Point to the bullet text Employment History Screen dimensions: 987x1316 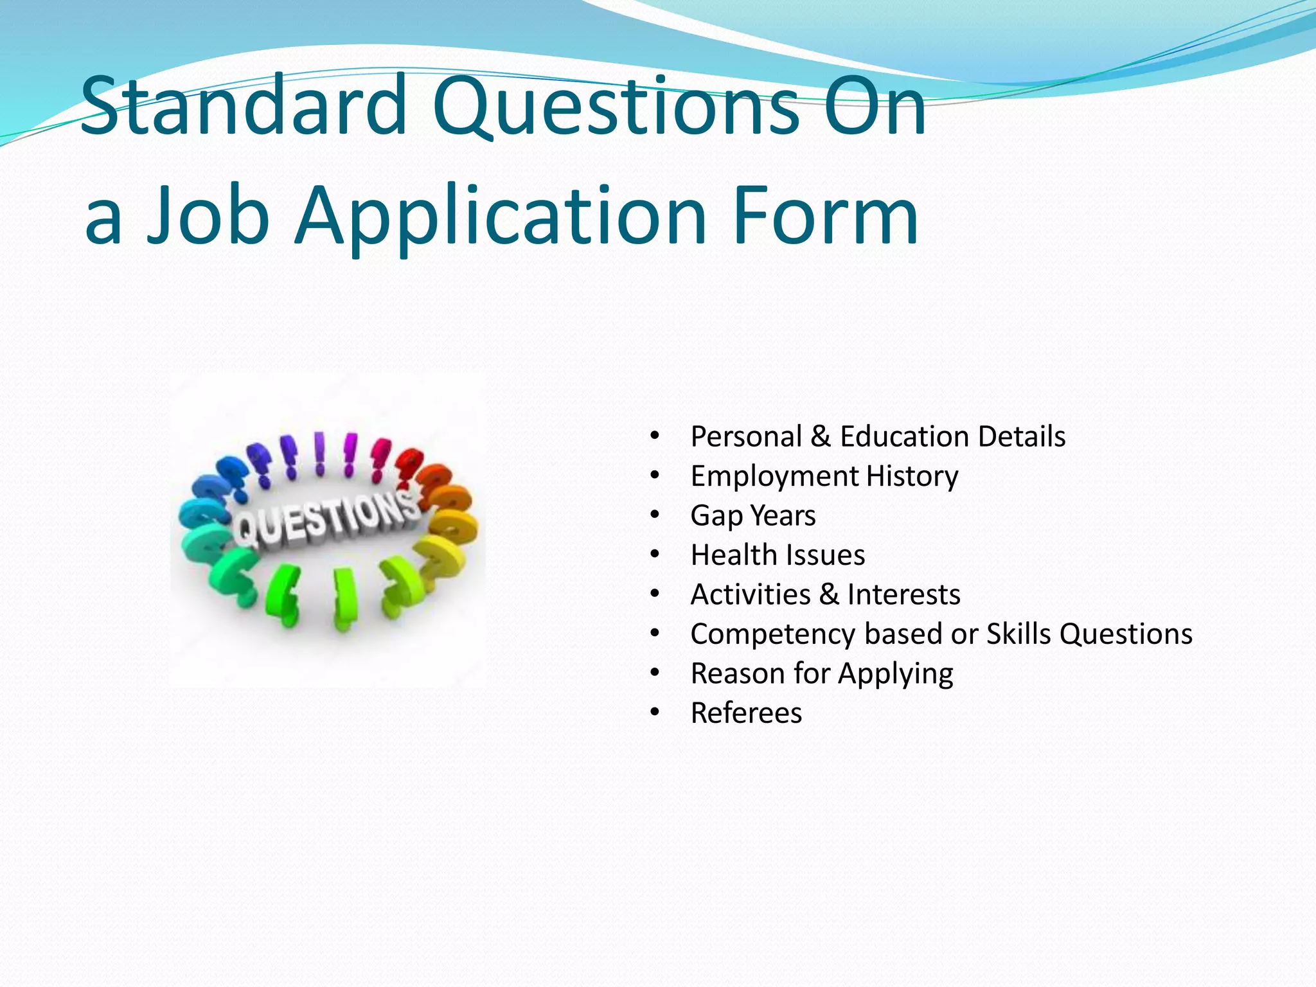[x=824, y=476]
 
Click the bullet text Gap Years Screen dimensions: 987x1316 [x=752, y=515]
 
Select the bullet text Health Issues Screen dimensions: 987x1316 [x=778, y=555]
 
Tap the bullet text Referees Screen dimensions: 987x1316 [x=746, y=713]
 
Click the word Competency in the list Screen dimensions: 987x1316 [x=772, y=634]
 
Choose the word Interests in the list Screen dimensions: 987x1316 [x=903, y=594]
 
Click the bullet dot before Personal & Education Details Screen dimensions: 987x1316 [x=654, y=437]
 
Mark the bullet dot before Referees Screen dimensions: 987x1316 [x=654, y=713]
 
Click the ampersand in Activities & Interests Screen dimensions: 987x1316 [x=829, y=594]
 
